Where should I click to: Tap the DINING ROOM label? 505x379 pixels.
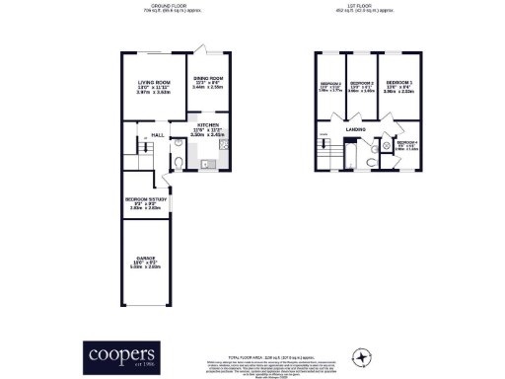click(x=208, y=78)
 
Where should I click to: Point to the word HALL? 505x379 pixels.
click(x=157, y=135)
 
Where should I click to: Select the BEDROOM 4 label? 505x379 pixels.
click(x=406, y=144)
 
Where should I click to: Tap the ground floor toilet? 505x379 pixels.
click(x=178, y=164)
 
